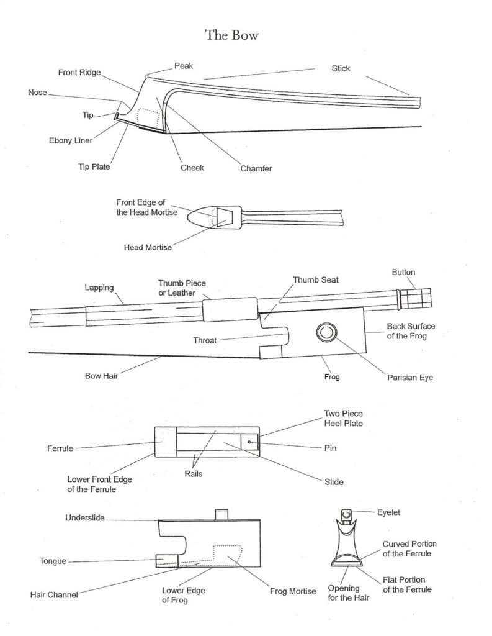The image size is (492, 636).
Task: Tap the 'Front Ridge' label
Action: (x=79, y=72)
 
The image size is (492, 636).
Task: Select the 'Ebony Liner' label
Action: (x=71, y=140)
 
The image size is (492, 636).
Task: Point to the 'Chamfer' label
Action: (x=257, y=168)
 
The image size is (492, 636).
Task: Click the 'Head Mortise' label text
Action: (x=148, y=247)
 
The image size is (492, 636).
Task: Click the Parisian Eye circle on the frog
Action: (x=325, y=333)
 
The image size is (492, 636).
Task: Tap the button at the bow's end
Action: (x=412, y=298)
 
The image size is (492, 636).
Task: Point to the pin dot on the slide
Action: (x=249, y=442)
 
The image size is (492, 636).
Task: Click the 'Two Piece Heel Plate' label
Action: (x=343, y=417)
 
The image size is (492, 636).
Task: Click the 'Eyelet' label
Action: (x=390, y=512)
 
